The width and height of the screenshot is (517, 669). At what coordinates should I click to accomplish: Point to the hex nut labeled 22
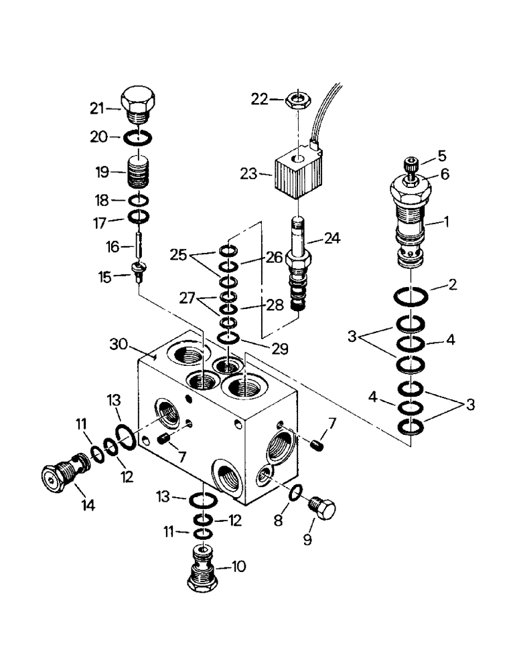point(296,100)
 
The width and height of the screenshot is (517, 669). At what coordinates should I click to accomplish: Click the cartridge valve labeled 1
point(410,220)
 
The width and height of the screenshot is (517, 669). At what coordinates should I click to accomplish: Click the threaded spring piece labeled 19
point(139,175)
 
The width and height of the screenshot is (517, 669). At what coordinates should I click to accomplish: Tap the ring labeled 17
point(139,218)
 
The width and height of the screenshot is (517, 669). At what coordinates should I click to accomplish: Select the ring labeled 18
point(139,201)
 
